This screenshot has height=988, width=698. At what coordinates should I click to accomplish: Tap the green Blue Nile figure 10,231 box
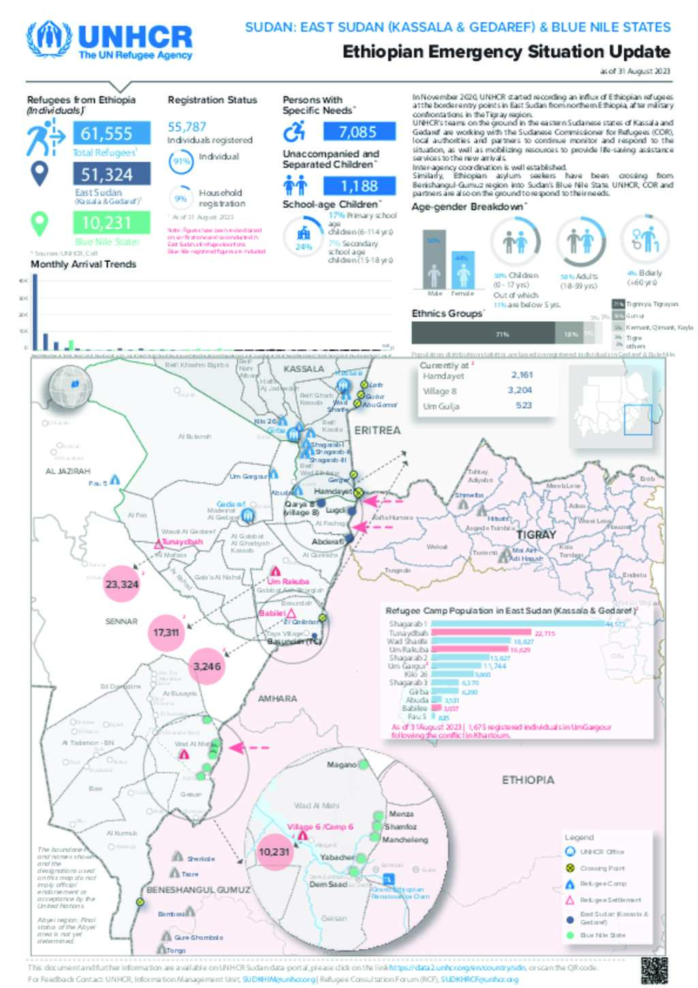(x=111, y=222)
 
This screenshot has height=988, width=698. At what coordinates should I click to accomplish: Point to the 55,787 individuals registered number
(x=187, y=127)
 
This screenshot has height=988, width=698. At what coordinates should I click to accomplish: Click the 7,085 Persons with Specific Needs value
(x=358, y=131)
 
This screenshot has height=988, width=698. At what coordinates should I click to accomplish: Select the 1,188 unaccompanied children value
(x=359, y=185)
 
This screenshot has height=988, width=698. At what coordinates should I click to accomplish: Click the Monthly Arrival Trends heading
(x=83, y=264)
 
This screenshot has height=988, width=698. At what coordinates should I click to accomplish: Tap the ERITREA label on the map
(x=378, y=430)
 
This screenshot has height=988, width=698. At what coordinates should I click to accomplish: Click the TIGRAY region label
(x=536, y=535)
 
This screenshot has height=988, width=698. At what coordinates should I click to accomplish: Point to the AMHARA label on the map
(x=277, y=698)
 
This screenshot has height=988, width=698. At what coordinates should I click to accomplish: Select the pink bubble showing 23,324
(x=122, y=584)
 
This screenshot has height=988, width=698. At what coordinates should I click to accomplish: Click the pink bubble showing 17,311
(x=166, y=632)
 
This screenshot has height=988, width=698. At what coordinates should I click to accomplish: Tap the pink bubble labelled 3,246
(x=207, y=666)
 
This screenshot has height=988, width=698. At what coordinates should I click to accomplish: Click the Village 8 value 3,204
(x=519, y=390)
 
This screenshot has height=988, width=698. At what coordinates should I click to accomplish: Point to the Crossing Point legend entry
(x=602, y=868)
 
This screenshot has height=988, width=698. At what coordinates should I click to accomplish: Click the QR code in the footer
(x=654, y=970)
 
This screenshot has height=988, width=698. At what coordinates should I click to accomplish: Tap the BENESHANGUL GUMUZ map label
(x=198, y=890)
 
